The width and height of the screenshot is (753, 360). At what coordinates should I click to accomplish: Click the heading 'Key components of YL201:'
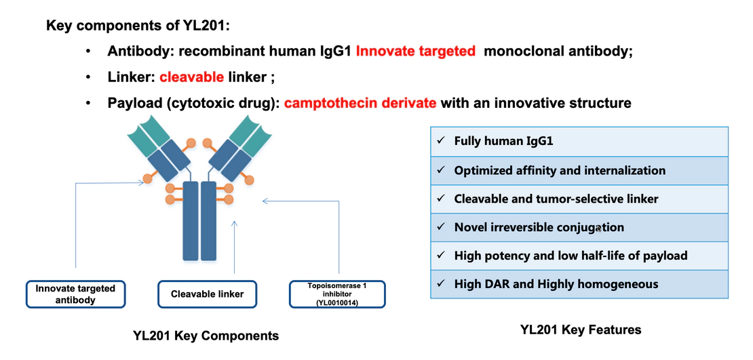pyautogui.click(x=139, y=26)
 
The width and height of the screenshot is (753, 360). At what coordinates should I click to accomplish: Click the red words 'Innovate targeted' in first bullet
pyautogui.click(x=415, y=52)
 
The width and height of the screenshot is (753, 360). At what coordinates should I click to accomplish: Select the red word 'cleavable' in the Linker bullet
pyautogui.click(x=191, y=77)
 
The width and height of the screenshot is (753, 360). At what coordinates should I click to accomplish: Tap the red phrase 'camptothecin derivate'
pyautogui.click(x=360, y=103)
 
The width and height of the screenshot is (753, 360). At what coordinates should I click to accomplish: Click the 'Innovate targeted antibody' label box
pyautogui.click(x=75, y=294)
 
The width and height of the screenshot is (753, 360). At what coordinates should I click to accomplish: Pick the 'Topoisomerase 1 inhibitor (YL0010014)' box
pyautogui.click(x=337, y=294)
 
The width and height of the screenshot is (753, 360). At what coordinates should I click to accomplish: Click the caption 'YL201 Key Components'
pyautogui.click(x=206, y=336)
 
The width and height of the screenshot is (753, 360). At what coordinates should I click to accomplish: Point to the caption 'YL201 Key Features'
pyautogui.click(x=580, y=329)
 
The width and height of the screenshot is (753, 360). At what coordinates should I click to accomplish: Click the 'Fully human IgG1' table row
pyautogui.click(x=579, y=142)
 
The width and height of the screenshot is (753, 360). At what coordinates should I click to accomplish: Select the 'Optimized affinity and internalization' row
pyautogui.click(x=579, y=170)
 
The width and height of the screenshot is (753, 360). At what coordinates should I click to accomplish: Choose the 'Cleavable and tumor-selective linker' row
pyautogui.click(x=579, y=199)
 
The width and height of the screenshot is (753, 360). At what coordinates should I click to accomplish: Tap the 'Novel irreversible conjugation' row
pyautogui.click(x=579, y=227)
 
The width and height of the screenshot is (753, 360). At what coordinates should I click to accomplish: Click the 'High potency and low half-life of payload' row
pyautogui.click(x=579, y=256)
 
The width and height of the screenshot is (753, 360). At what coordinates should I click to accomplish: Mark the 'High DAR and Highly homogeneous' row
pyautogui.click(x=579, y=284)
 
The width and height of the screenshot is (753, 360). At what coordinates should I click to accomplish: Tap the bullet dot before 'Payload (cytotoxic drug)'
pyautogui.click(x=88, y=103)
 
